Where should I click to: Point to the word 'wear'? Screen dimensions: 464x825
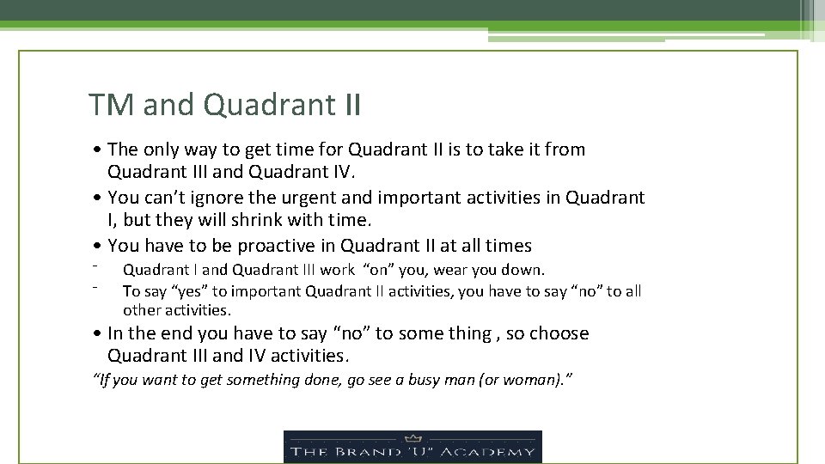pyautogui.click(x=455, y=271)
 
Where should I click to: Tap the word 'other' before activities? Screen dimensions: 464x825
pyautogui.click(x=141, y=310)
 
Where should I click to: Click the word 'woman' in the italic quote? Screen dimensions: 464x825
pyautogui.click(x=540, y=379)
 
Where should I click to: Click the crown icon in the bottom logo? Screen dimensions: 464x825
pyautogui.click(x=412, y=437)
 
